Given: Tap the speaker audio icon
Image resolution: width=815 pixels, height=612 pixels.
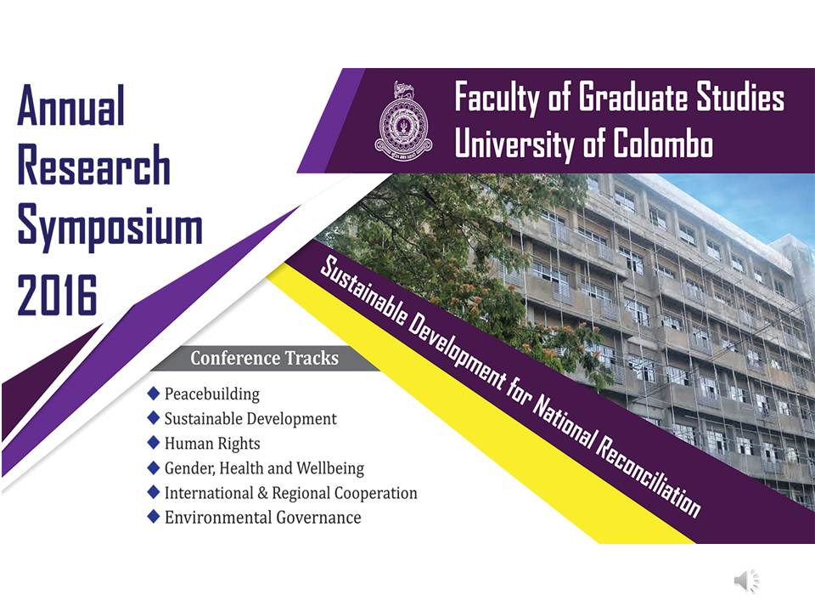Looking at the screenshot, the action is pos(747,581).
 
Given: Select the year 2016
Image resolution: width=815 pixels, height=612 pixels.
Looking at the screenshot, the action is pos(57,295).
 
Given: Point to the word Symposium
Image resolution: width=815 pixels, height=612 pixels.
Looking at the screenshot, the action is pos(110,229).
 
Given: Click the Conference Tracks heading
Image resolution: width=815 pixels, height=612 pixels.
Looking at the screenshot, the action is pos(265,358).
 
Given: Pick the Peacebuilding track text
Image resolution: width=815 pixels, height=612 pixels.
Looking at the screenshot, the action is pos(212,394).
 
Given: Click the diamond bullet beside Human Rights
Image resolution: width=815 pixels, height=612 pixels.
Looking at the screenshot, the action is pos(154,442).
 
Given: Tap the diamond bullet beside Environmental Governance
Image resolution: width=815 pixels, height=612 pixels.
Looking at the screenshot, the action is pos(154,516).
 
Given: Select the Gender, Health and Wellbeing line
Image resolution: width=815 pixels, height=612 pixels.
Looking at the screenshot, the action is pos(264,467).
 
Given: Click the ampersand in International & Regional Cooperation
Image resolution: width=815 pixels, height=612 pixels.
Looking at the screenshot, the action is pos(262,493).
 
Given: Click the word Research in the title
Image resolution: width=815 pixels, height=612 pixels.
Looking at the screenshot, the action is pos(94,165).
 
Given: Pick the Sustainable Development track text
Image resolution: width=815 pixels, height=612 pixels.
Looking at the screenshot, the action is pos(250,418).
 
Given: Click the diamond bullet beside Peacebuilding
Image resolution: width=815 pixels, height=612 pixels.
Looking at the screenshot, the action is pos(154,393).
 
